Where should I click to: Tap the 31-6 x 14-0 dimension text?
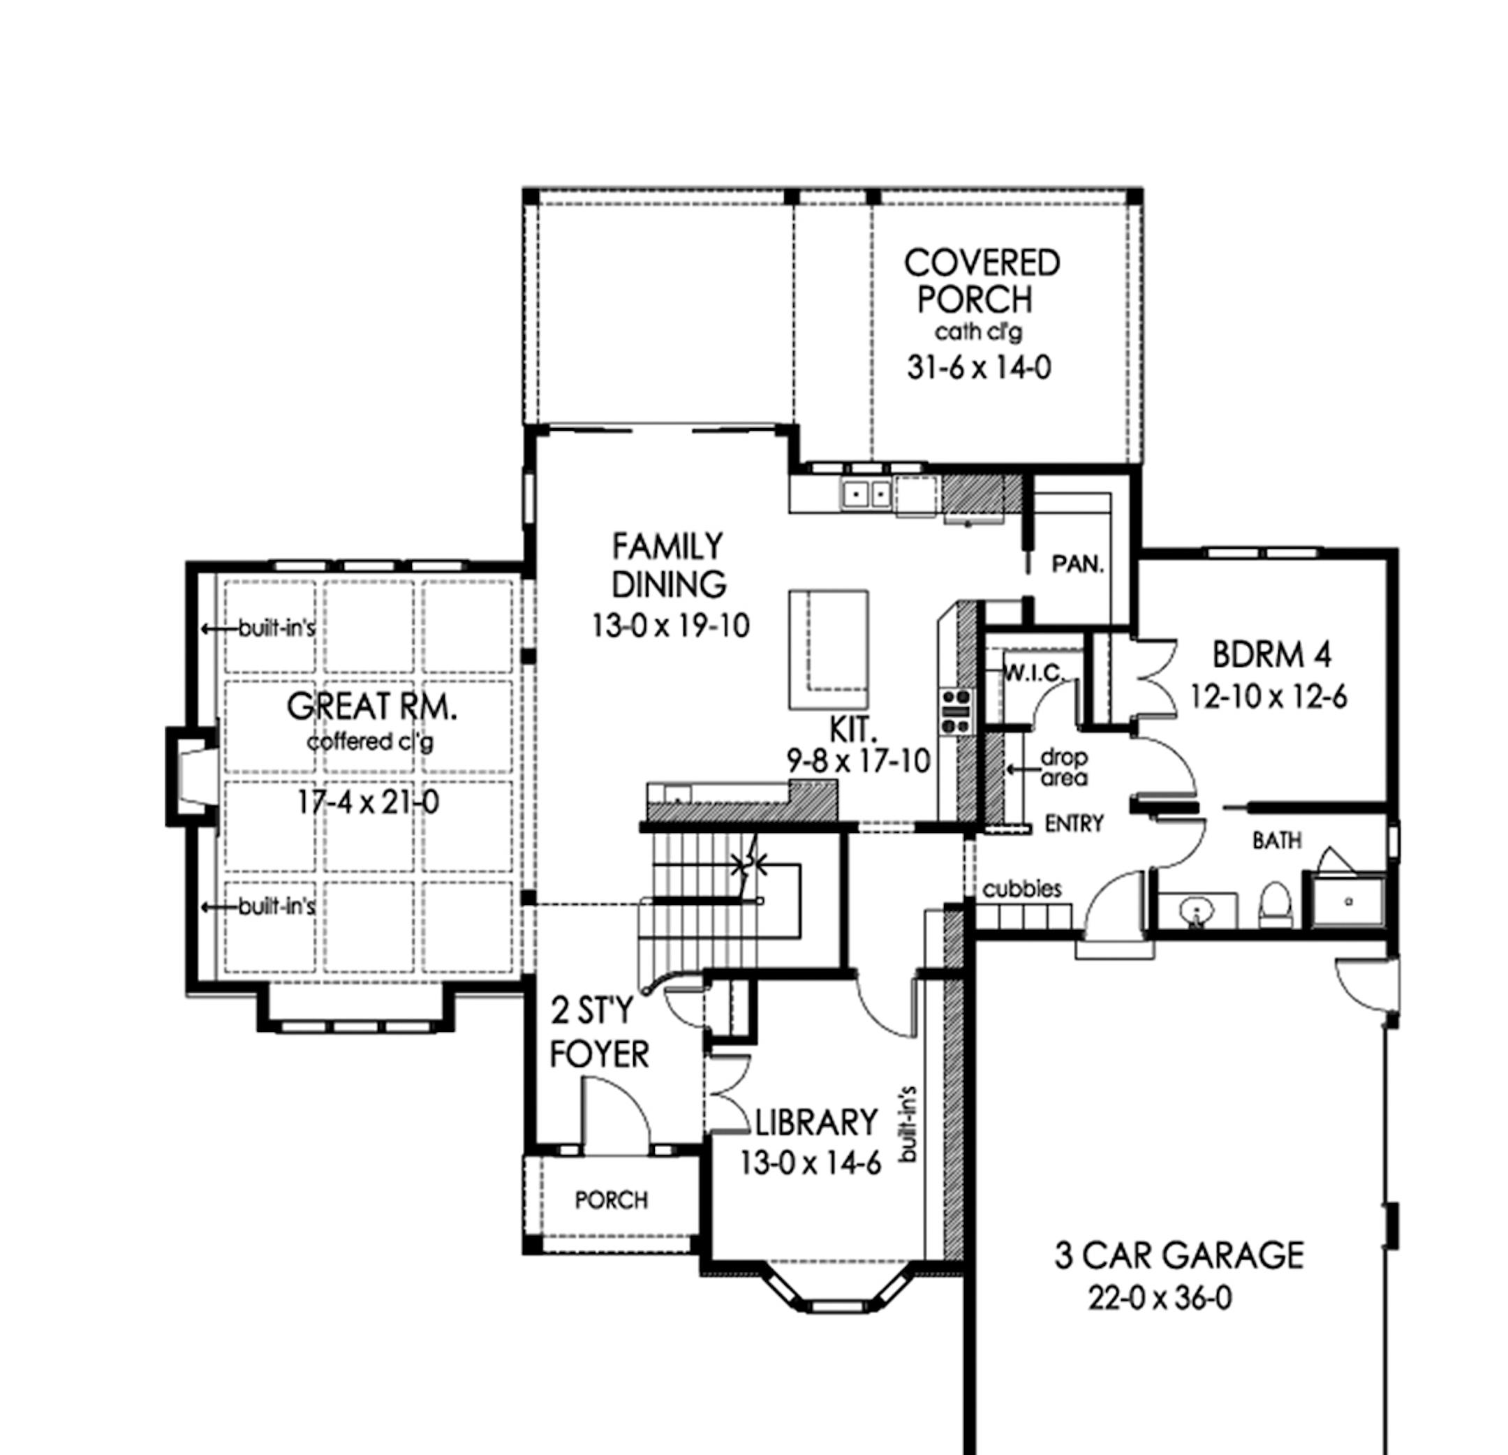[979, 368]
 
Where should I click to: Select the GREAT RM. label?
[371, 707]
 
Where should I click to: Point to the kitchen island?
[829, 649]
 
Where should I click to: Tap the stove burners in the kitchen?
[956, 711]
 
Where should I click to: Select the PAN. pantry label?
[1078, 564]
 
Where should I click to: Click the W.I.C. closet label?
[1034, 673]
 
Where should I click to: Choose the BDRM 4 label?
[1271, 655]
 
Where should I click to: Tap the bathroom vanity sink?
[1197, 910]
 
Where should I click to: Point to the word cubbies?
[1022, 889]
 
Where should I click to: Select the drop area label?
[1064, 767]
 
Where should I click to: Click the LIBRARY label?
[815, 1123]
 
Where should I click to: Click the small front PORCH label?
[612, 1199]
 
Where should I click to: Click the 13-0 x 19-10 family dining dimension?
[670, 626]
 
